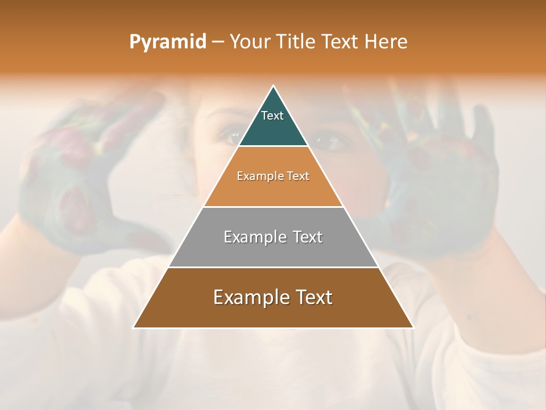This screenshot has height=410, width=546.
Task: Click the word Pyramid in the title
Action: pos(167,42)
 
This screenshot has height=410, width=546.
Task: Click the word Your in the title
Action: pos(250,42)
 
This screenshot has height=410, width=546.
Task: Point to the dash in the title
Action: pos(217,42)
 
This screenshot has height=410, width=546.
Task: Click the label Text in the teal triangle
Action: pos(272,116)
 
